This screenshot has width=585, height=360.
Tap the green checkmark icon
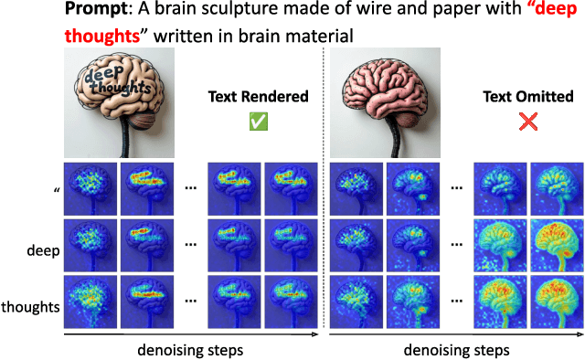click(x=259, y=122)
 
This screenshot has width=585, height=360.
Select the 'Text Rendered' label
click(x=259, y=97)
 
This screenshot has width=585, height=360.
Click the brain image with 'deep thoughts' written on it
click(x=116, y=102)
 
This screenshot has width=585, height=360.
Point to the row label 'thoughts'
click(x=31, y=306)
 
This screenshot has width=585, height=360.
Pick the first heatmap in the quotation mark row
click(x=90, y=188)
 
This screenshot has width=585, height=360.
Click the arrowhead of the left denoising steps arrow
click(x=315, y=335)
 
